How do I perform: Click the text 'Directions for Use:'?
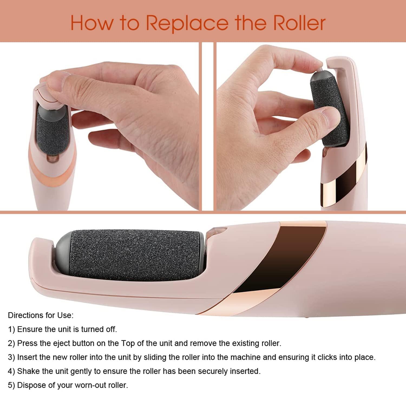41,315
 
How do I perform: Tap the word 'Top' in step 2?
128,343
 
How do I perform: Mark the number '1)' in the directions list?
11,329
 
